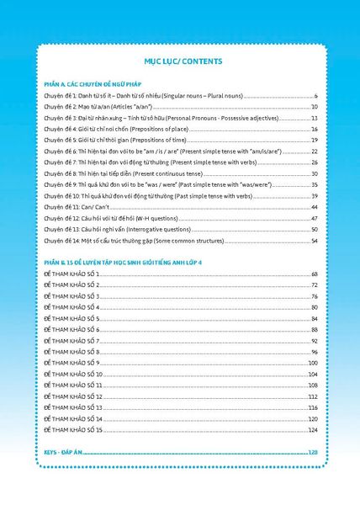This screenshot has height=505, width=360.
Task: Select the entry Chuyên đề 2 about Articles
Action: pos(91,108)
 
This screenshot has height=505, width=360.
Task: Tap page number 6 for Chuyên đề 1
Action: pos(315,97)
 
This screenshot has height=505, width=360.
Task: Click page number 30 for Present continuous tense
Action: pos(314,173)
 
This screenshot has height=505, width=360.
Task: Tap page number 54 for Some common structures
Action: pos(314,240)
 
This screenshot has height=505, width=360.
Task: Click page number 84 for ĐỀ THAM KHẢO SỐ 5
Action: pos(314,319)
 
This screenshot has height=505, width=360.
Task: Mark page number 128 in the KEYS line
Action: pos(313,453)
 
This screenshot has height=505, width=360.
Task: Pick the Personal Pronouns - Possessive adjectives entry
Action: pos(143,119)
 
